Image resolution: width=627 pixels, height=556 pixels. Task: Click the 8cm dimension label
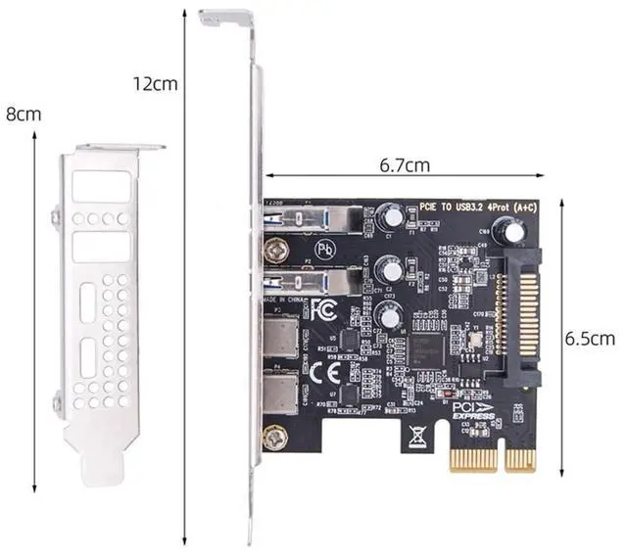point(24,114)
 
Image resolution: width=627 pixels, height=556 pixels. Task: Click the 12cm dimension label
point(155,83)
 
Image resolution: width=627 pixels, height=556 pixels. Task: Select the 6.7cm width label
point(405,165)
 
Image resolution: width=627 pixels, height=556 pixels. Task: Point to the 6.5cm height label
point(590,339)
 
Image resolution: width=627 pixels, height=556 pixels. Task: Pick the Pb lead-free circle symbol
point(322,249)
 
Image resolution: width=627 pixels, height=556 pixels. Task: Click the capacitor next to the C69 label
point(509,232)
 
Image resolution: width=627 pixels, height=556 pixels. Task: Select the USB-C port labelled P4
point(282,395)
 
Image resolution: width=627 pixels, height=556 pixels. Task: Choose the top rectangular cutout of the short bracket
point(102,186)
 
